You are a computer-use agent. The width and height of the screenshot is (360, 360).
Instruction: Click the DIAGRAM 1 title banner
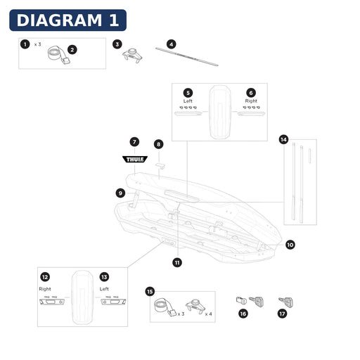67,20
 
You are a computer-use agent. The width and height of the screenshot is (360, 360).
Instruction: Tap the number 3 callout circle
117,44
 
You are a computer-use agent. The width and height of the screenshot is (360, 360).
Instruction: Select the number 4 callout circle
172,44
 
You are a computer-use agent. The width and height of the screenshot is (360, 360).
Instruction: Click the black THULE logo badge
135,160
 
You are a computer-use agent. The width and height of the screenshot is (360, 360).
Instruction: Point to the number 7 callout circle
134,142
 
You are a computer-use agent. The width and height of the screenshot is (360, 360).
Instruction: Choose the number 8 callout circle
159,144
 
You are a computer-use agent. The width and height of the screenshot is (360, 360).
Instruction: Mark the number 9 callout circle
120,193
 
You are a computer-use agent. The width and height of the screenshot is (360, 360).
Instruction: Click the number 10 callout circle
290,245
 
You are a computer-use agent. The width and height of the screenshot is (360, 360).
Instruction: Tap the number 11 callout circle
177,262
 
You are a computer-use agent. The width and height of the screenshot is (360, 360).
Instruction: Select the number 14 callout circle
283,140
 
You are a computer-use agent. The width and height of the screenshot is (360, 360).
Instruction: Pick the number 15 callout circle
150,292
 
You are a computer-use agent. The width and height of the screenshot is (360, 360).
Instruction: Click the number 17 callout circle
282,314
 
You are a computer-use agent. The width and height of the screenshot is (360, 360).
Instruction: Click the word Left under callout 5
188,101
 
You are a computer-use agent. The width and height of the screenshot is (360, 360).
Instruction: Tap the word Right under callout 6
251,101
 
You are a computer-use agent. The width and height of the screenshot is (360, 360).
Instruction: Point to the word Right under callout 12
45,289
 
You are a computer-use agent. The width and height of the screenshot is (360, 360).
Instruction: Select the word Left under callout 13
104,289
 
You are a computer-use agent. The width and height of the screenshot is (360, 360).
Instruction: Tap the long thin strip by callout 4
187,57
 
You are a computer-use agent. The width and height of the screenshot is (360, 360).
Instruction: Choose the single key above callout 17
285,302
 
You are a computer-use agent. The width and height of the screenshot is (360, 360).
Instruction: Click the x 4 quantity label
208,314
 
